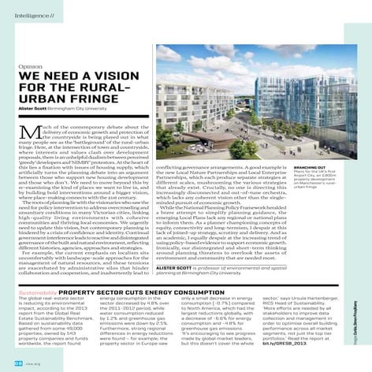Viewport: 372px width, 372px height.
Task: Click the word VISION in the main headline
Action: (x=117, y=77)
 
